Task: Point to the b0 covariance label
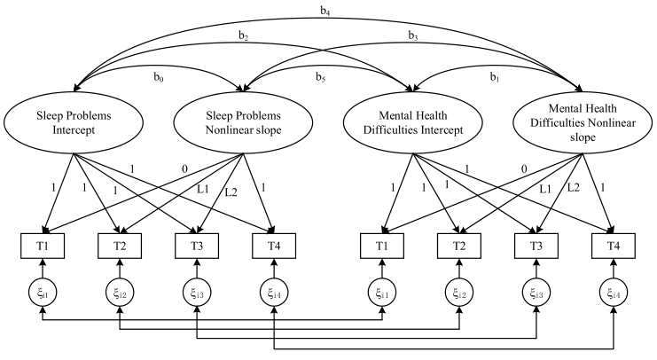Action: click(x=157, y=80)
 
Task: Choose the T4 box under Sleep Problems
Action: click(x=273, y=245)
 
